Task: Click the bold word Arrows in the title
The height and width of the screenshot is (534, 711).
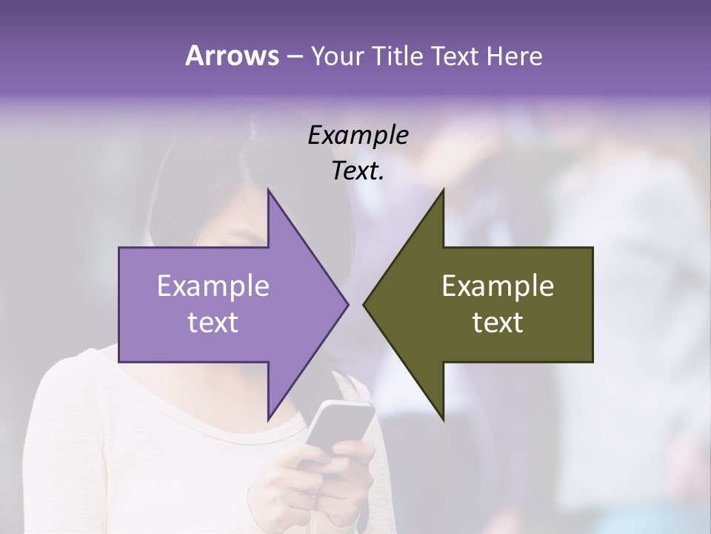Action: coord(231,56)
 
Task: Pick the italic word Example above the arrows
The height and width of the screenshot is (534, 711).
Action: coord(358,136)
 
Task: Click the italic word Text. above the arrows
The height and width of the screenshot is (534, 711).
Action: coord(358,171)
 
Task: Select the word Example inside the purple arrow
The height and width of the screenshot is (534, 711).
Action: coord(213,286)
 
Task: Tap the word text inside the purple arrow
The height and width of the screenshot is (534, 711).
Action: coord(213,323)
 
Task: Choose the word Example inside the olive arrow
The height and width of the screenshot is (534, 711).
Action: coord(498,286)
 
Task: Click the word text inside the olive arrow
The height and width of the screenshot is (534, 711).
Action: coord(498,323)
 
